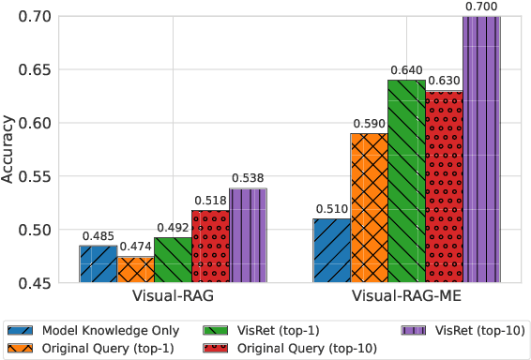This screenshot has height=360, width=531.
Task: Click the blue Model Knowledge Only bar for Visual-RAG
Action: [98, 263]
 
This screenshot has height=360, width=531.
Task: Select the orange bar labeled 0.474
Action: [135, 269]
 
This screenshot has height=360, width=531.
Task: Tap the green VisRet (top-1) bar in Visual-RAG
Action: [173, 260]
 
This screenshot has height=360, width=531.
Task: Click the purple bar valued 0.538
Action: [248, 235]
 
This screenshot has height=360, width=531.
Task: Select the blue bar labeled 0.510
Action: [331, 250]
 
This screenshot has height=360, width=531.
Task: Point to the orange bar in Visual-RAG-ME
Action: [369, 207]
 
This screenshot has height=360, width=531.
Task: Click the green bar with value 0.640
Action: [406, 181]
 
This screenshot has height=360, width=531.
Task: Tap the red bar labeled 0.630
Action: [444, 187]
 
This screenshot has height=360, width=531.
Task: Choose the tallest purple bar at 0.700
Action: [481, 149]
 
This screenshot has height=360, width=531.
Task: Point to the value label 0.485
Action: [98, 235]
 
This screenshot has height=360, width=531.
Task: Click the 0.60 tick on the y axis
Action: [42, 123]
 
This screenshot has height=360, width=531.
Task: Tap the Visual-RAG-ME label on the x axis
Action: [406, 297]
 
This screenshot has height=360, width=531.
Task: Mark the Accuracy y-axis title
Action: [8, 149]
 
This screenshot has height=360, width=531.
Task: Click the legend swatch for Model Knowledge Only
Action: [21, 331]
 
